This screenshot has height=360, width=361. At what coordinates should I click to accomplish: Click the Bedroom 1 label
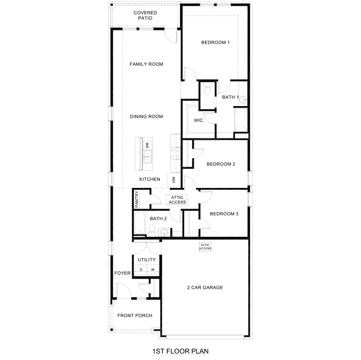tap(215, 42)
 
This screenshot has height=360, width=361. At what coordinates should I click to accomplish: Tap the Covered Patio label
tap(145, 16)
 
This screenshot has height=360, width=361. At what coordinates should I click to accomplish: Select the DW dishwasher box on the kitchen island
tap(147, 145)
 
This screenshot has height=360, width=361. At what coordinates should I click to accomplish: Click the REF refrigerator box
tap(173, 180)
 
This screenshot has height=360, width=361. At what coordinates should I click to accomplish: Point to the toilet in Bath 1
tap(207, 89)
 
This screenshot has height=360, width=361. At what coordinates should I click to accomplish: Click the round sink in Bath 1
tap(244, 100)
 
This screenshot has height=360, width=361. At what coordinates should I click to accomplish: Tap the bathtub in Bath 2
tap(140, 222)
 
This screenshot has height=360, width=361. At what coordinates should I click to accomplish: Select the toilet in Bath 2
tap(152, 231)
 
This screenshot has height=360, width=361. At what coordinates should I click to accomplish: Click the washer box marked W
tap(153, 269)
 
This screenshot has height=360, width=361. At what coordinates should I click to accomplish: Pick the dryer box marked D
tap(141, 269)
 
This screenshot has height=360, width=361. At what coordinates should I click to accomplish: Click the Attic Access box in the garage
tap(205, 247)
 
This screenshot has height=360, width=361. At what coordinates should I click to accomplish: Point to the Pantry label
tap(137, 199)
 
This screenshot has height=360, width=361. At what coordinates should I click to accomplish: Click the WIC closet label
tap(198, 120)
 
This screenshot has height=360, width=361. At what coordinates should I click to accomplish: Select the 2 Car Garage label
tap(205, 287)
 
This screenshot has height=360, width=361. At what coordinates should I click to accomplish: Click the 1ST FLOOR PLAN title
tap(180, 351)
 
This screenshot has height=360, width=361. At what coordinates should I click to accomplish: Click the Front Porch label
tap(135, 316)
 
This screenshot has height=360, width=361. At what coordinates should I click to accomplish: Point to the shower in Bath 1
tap(241, 120)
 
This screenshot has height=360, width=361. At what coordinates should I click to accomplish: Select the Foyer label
tap(122, 273)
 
